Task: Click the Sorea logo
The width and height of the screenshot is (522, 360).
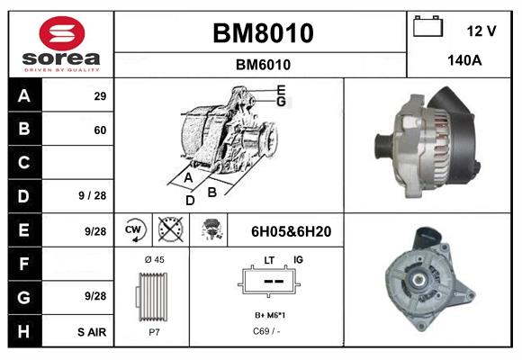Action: (61, 43)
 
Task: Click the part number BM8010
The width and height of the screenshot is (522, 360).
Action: (262, 33)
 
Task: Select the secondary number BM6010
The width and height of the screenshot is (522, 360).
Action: (262, 64)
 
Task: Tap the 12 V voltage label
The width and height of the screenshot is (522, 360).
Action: (481, 31)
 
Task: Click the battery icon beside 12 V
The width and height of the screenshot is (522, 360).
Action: (426, 28)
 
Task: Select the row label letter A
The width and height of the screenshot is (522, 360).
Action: (24, 95)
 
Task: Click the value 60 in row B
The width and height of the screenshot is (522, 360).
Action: (100, 130)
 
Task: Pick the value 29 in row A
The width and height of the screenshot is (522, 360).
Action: (100, 95)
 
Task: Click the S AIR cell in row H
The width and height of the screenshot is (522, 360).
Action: (92, 331)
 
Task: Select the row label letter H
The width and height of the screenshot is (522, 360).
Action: (24, 331)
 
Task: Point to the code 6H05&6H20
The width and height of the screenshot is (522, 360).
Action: (291, 231)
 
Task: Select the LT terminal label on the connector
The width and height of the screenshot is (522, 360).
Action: (267, 260)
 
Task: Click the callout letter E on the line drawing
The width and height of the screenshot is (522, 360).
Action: (281, 89)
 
